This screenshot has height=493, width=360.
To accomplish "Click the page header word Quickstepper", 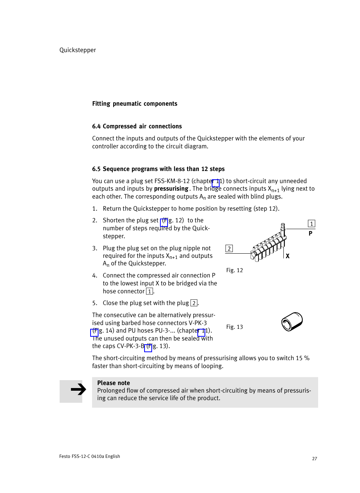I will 78,50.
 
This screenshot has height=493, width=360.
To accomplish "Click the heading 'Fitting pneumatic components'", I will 135,104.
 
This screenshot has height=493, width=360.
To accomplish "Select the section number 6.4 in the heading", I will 96,126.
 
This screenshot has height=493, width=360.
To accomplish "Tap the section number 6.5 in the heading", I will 96,169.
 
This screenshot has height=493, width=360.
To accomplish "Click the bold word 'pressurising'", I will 171,189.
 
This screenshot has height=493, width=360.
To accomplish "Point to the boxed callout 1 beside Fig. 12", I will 311,224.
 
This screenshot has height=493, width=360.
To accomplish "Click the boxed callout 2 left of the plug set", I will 229,248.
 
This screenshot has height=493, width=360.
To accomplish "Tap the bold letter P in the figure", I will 310,234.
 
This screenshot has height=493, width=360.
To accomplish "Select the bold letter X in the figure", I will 288,256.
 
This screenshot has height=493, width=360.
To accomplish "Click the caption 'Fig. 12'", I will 234,270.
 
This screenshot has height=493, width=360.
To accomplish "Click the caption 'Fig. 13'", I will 234,327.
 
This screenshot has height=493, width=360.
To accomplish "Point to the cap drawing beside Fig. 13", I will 292,322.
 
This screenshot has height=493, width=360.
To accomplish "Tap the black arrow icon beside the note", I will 78,389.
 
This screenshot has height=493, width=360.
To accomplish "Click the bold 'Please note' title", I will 113,383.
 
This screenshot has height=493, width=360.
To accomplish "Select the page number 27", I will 314,459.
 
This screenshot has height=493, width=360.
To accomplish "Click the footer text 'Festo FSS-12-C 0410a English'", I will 89,456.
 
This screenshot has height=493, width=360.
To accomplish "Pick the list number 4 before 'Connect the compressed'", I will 94,276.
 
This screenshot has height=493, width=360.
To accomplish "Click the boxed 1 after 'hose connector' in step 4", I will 149,291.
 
